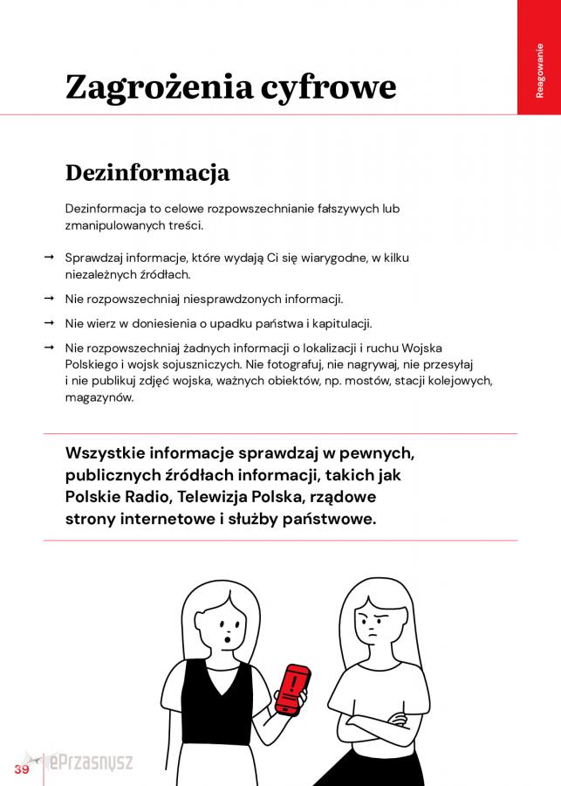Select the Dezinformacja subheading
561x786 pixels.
coord(147,173)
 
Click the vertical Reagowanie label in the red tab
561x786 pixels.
coord(539,70)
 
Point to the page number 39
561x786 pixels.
coord(21,769)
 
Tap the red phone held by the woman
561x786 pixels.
coord(291,689)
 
